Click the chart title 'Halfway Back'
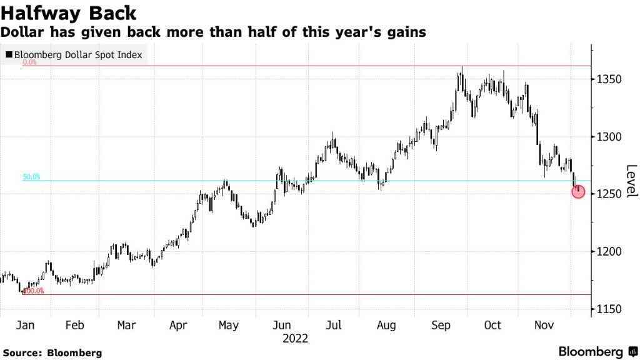point(69,12)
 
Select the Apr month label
point(178,325)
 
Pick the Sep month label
point(441,325)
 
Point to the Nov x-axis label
point(544,325)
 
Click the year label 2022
point(295,339)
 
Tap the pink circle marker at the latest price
point(578,192)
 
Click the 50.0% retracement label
point(31,177)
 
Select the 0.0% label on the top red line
point(29,62)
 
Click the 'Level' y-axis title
point(631,181)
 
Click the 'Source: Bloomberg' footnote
point(52,353)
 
